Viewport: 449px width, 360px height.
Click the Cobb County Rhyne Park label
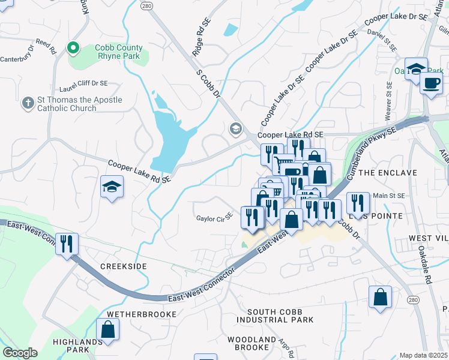[118, 52]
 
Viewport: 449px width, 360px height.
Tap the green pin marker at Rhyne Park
[73, 47]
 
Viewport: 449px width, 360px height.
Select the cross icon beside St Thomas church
[27, 103]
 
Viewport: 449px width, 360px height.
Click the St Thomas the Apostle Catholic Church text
[71, 104]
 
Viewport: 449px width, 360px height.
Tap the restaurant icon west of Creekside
[67, 244]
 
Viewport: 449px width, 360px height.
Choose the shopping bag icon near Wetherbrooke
[107, 329]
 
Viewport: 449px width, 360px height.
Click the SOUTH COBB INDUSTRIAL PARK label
[280, 316]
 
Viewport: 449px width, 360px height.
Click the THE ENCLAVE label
[389, 173]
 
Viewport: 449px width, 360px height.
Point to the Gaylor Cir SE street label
[214, 218]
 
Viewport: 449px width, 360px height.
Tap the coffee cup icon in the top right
[430, 83]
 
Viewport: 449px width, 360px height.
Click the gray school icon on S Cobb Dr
[235, 129]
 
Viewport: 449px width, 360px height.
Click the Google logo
[20, 352]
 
